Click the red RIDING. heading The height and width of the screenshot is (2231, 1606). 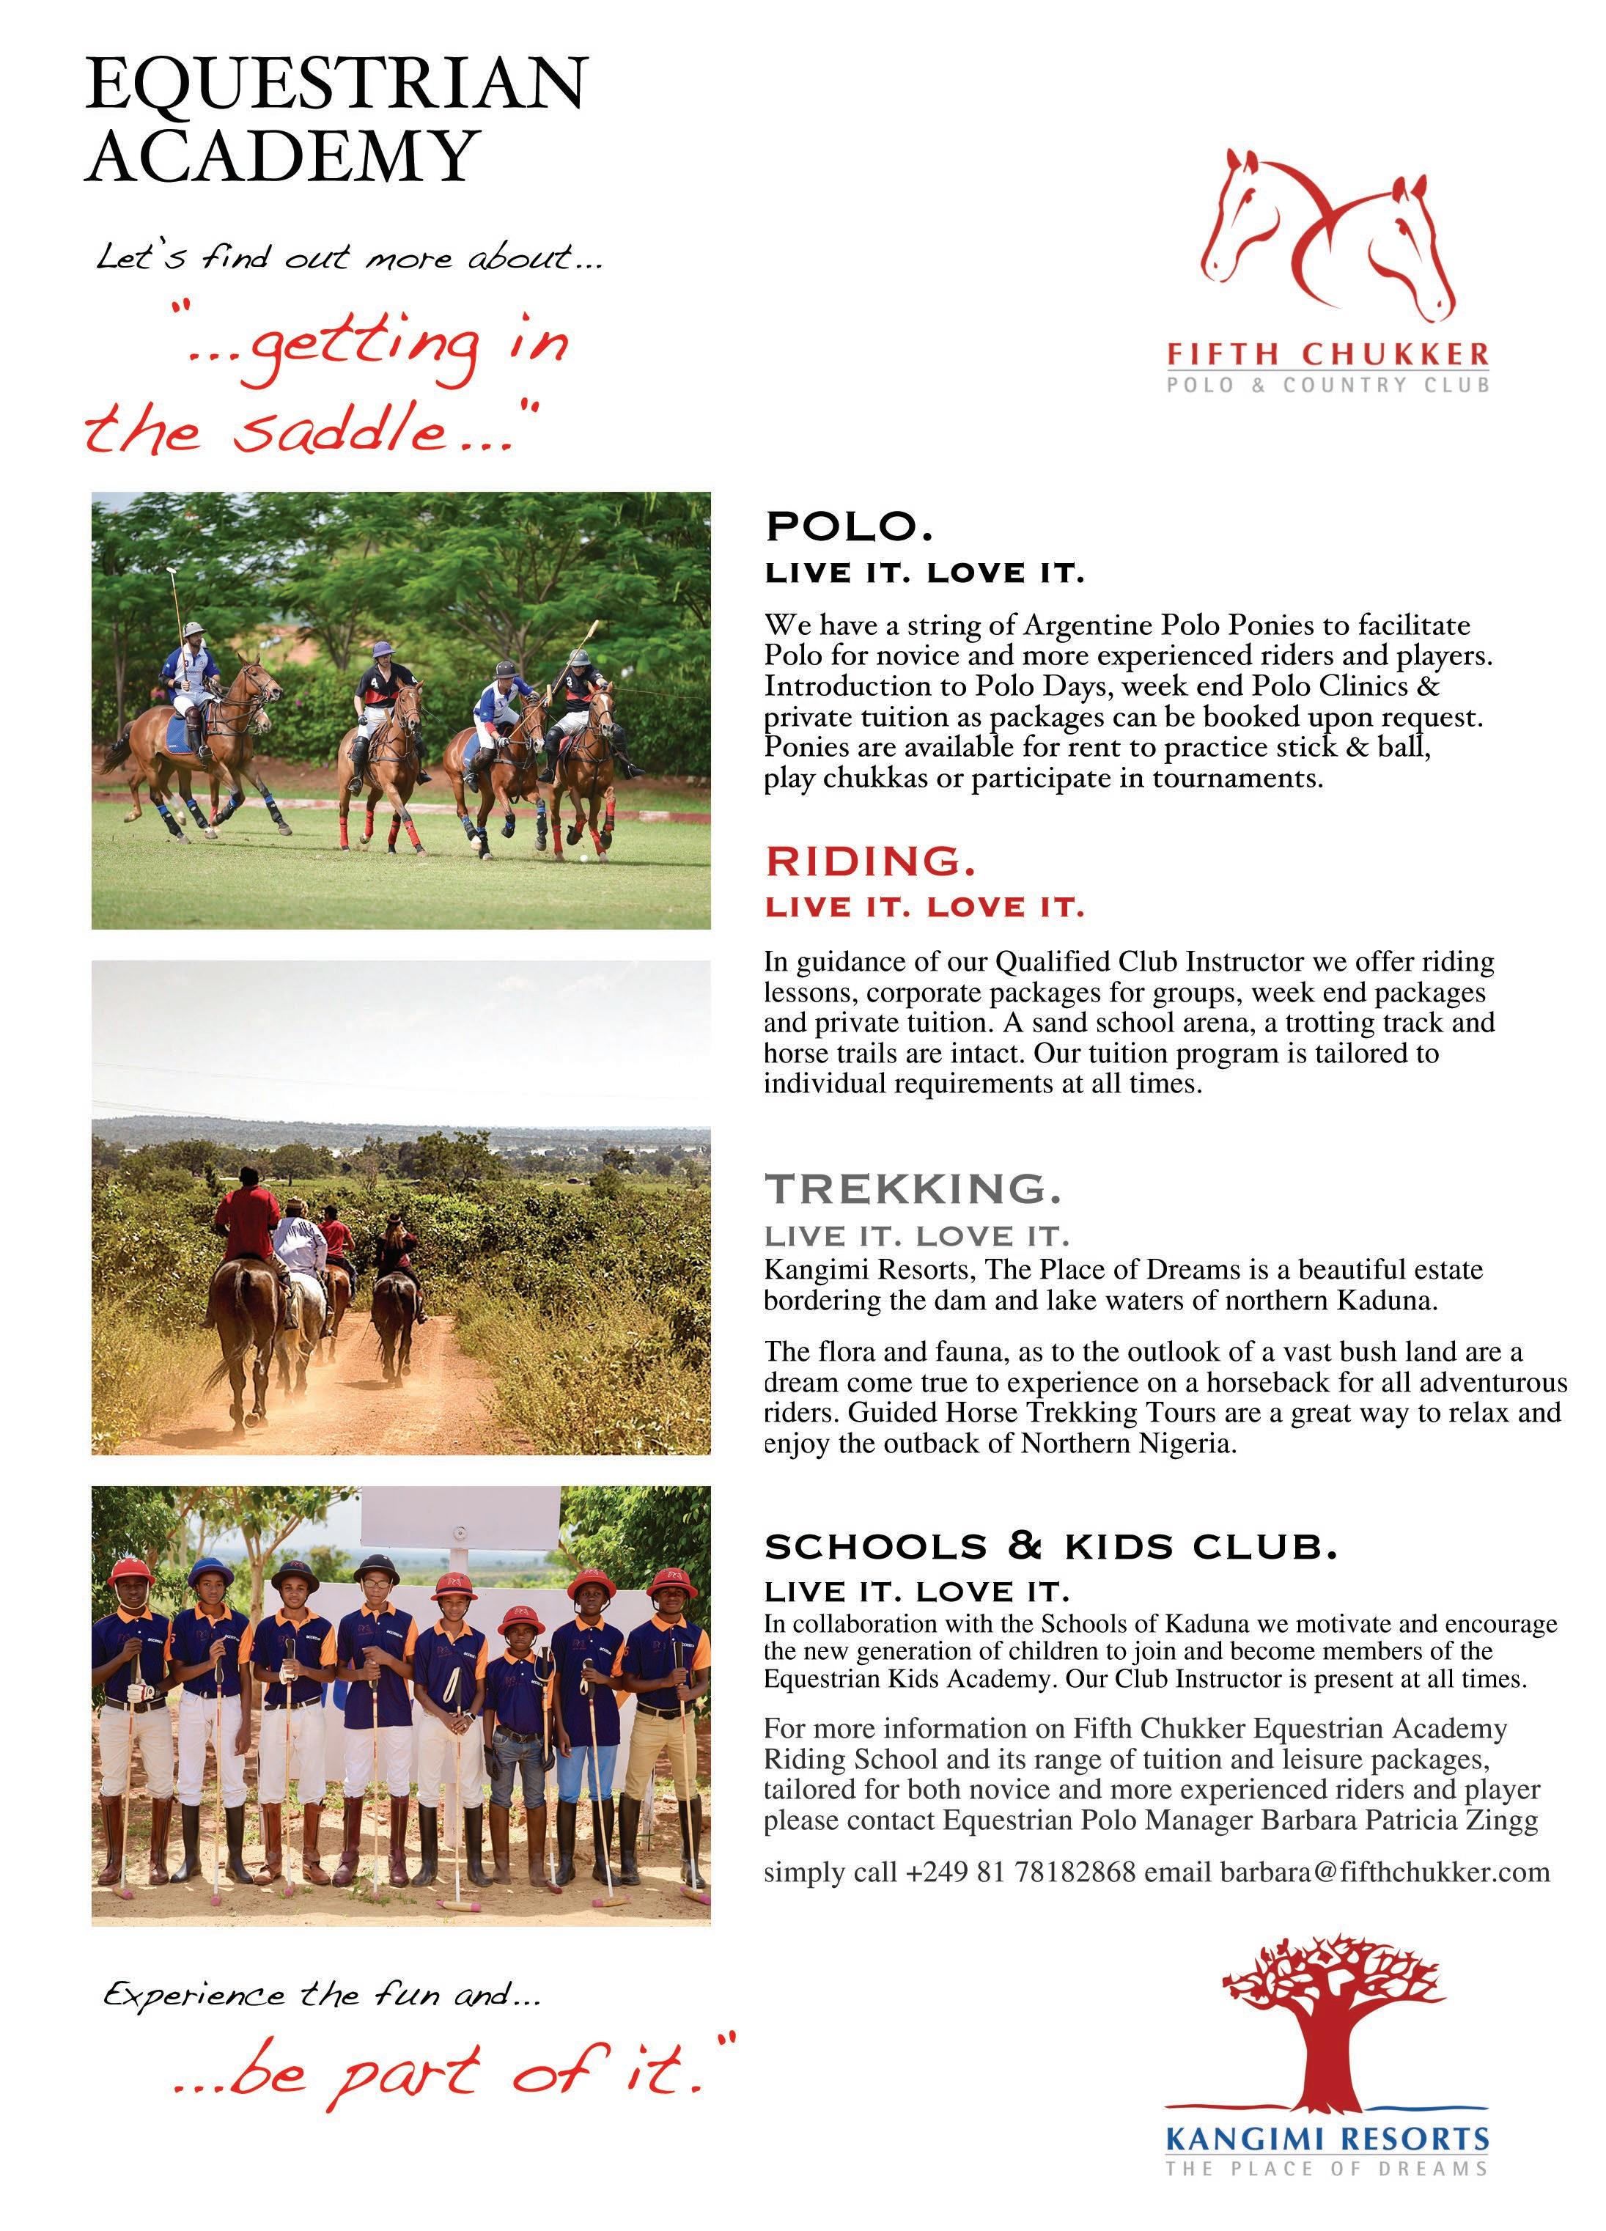coord(870,861)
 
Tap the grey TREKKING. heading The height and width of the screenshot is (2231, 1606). coord(913,1188)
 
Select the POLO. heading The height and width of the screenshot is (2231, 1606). coord(848,526)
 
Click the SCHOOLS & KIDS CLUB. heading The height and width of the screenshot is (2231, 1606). coord(1050,1548)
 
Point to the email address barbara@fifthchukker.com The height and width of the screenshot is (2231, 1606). coord(1385,1871)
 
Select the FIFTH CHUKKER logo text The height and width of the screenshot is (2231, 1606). coord(1327,353)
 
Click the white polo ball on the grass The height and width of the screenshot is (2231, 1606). coord(584,859)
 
